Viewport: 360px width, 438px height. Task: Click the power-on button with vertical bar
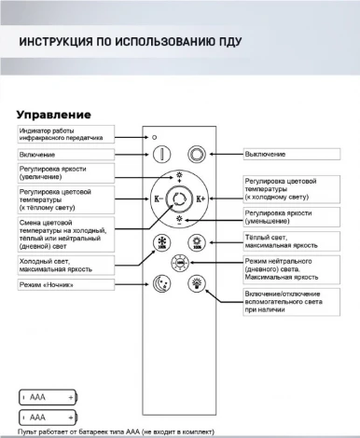161,155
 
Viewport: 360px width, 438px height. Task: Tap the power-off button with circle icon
197,155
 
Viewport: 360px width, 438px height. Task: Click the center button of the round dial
179,198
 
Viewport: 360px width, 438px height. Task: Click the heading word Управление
53,114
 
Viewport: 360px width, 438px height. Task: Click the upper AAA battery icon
48,396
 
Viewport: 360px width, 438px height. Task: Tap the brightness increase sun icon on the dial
179,174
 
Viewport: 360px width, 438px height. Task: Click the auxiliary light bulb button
197,283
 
